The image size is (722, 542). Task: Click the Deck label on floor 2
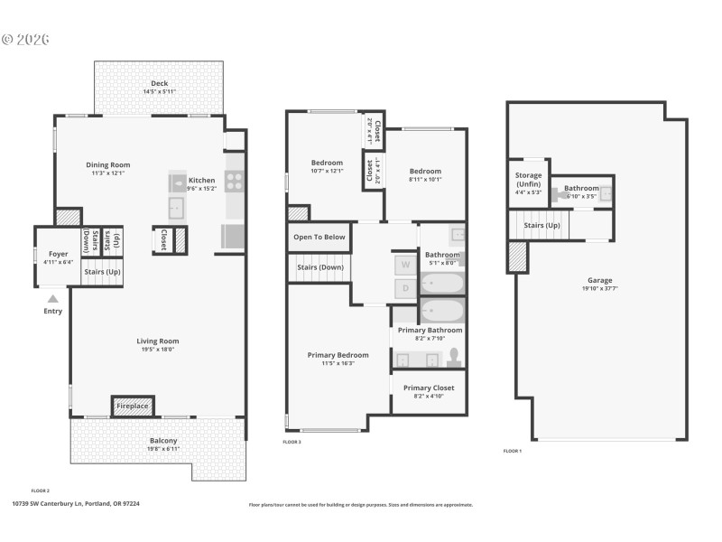coord(159,83)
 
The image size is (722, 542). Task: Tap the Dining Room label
coord(108,165)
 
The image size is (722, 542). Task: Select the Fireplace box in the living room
coord(133,406)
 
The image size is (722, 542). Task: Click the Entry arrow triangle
coord(52,298)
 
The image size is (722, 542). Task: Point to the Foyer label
coord(58,255)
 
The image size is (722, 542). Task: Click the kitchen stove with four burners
coord(234,182)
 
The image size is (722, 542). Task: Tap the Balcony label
coord(163,441)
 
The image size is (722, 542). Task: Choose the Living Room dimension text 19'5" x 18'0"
coord(158,350)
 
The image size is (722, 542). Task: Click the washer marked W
coord(405,265)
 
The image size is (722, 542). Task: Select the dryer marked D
coord(405,288)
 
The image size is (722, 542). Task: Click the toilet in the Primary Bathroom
coord(453,358)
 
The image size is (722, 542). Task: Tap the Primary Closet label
coord(429,388)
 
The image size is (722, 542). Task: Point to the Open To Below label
coord(319,238)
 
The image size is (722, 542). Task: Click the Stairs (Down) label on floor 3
coord(319,267)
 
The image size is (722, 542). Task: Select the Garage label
coord(600,280)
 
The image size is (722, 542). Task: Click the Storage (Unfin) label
coord(529,180)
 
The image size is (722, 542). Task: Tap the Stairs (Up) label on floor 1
coord(541,225)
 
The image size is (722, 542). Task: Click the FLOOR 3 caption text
coord(292,442)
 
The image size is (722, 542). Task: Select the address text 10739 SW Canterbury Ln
coord(49,504)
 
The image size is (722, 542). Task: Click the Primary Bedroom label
coord(338,355)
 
